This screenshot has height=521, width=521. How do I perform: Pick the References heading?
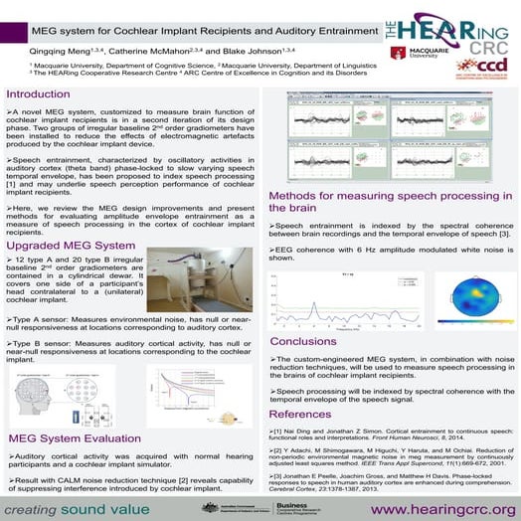click(302, 413)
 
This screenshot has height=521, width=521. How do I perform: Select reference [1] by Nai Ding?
click(378, 433)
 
